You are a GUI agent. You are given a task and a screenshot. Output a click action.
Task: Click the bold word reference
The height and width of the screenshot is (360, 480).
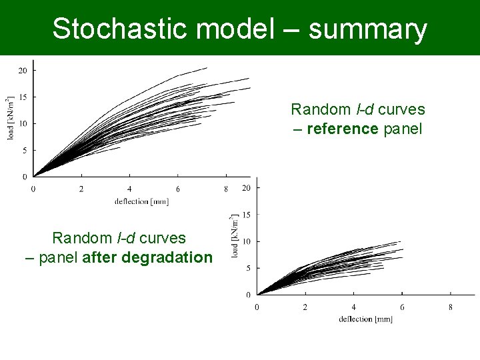342,129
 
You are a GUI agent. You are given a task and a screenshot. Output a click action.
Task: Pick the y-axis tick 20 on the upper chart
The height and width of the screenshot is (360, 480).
22,70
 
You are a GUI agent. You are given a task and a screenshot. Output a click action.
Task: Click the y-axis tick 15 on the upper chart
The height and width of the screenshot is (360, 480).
22,97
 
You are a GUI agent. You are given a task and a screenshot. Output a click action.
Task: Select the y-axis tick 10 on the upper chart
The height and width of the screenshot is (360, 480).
22,123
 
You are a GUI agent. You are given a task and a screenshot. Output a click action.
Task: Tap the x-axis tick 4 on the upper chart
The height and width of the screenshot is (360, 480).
129,189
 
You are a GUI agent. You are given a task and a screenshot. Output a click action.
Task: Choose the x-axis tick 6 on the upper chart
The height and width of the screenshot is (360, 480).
177,189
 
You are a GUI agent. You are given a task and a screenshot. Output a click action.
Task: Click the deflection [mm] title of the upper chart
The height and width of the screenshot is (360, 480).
141,201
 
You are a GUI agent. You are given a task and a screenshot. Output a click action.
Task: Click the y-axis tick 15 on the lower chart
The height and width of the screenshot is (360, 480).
246,215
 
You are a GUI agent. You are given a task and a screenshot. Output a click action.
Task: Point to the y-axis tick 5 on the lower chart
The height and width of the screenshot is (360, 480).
248,268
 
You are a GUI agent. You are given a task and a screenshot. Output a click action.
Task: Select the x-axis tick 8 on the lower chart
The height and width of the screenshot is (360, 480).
451,307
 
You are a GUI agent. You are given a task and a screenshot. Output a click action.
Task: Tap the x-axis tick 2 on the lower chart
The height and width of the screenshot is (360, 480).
305,307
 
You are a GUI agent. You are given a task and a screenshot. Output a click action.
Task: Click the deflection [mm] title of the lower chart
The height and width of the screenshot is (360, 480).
365,319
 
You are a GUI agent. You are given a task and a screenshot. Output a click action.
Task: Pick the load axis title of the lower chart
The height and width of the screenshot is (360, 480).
235,237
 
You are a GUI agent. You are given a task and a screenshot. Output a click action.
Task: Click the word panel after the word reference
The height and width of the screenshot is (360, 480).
403,129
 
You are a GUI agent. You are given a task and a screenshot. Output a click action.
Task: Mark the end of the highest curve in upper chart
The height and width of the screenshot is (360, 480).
207,67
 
